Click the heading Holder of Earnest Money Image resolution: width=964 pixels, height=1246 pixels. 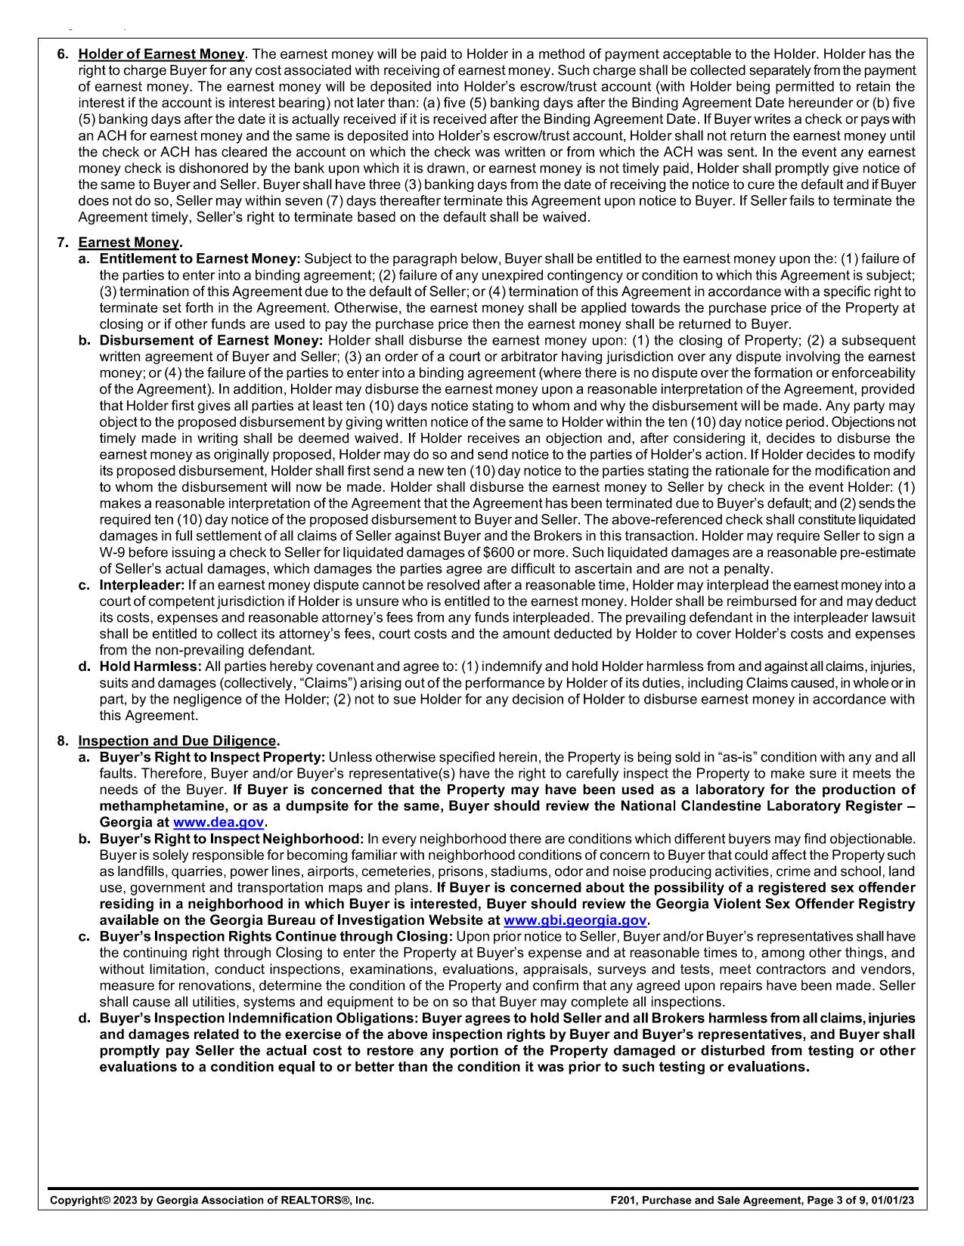[161, 54]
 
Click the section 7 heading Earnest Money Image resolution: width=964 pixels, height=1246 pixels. [129, 243]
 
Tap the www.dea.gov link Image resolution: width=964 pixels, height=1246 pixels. [219, 822]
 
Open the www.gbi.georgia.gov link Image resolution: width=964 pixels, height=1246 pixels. [575, 920]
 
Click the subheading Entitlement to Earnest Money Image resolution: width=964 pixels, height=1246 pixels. [200, 259]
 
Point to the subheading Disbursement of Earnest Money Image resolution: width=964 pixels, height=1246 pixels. [211, 341]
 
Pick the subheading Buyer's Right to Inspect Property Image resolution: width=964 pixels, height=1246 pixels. [212, 757]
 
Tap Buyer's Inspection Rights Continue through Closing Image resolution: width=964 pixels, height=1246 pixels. [276, 937]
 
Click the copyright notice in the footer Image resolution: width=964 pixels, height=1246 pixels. [212, 1200]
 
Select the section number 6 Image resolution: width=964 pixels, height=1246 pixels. [62, 54]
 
